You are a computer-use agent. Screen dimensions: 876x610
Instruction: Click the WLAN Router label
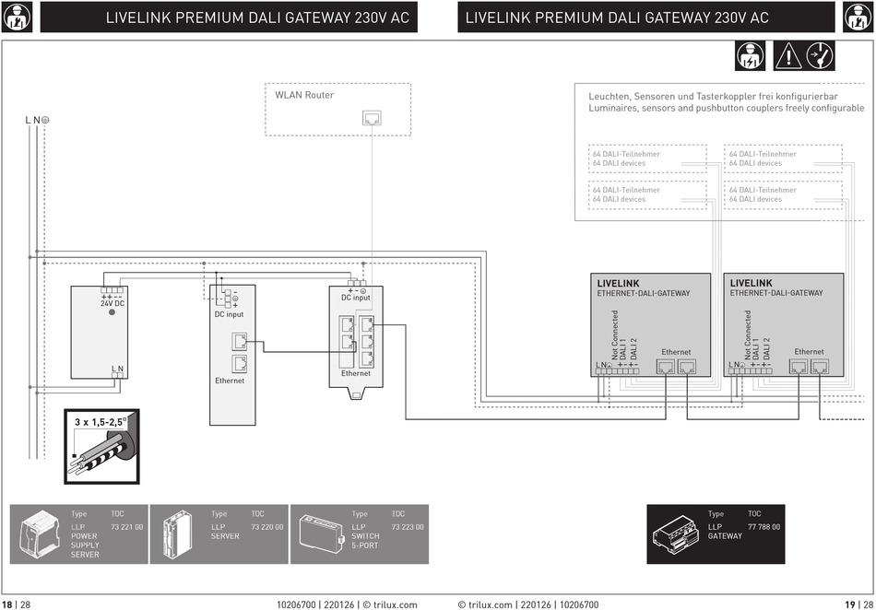coord(304,95)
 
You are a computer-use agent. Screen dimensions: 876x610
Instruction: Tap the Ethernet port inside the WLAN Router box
coord(372,118)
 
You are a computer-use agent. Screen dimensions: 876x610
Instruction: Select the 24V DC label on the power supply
coord(112,303)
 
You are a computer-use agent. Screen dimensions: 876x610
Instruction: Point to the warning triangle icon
coord(787,56)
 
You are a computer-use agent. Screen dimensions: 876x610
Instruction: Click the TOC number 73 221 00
coord(127,527)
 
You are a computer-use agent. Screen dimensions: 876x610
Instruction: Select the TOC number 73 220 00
coord(267,527)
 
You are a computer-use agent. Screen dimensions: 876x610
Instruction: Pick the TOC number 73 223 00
coord(408,527)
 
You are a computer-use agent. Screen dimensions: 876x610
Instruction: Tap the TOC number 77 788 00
coord(764,527)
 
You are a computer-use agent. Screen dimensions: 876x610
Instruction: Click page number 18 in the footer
coord(6,604)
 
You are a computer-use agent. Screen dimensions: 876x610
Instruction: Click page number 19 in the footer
coord(850,604)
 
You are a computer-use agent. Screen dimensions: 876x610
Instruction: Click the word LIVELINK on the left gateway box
coord(618,284)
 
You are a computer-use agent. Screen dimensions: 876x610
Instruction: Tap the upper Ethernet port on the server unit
coord(239,341)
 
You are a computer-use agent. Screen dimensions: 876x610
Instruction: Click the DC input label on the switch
coord(356,298)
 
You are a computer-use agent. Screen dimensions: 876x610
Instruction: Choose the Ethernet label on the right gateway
coord(809,352)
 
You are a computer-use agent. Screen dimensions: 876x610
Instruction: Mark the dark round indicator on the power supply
coord(112,312)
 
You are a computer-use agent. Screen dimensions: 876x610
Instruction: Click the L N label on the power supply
coord(117,369)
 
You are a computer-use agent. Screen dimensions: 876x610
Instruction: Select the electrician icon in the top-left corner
coord(18,17)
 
